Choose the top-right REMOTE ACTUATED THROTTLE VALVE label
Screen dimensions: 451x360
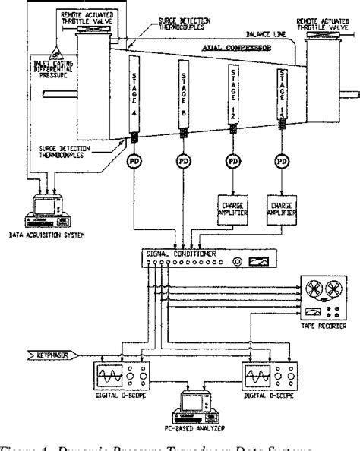click(319, 22)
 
